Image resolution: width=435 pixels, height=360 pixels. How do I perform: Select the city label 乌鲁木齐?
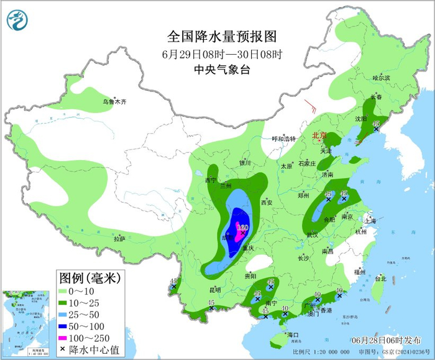114,101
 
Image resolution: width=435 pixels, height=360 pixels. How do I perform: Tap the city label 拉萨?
119,238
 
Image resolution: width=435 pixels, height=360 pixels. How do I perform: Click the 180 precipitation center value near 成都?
242,228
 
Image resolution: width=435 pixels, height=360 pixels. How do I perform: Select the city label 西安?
267,203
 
